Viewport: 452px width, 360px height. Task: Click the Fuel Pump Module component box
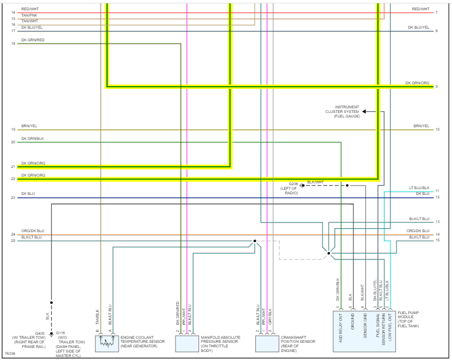[364, 331]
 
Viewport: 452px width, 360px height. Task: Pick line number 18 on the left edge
[13, 44]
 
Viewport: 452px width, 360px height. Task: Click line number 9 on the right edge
[437, 87]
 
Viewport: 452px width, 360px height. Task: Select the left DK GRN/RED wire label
[33, 40]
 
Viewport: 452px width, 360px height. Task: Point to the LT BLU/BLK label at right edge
[419, 187]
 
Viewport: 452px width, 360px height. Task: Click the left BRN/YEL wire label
[29, 126]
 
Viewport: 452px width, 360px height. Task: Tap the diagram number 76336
[10, 354]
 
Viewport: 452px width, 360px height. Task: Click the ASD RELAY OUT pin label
[340, 324]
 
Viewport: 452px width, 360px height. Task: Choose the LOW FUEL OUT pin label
[389, 324]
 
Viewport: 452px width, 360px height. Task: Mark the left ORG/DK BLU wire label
[33, 230]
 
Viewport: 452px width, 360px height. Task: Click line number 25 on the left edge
[13, 241]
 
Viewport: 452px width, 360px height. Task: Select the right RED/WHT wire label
[420, 9]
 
